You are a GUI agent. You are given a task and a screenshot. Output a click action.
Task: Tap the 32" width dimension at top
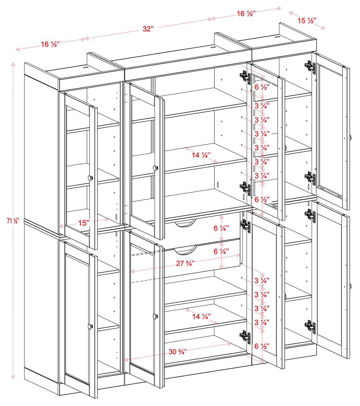point(148,29)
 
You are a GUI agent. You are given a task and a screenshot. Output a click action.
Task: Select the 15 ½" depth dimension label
point(307,21)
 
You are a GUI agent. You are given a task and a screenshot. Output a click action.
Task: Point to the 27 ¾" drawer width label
point(185,263)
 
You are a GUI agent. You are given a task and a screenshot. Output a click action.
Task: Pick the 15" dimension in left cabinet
point(84,223)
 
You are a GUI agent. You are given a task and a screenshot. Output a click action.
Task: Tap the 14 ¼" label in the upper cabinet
point(200,155)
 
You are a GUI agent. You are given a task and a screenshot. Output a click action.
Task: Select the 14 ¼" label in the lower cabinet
point(201,316)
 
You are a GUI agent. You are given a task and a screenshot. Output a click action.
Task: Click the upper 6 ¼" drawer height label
point(221,228)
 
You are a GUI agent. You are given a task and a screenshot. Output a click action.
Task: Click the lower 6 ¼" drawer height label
point(221,252)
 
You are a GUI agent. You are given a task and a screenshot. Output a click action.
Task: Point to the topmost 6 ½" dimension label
point(262,87)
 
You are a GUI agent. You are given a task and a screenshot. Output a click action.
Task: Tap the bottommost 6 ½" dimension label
point(262,346)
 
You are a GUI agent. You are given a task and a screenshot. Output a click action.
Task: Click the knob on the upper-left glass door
point(90,178)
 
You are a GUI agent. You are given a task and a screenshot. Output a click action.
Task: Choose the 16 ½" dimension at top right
point(246,14)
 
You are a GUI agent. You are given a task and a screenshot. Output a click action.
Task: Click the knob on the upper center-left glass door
point(155,168)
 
